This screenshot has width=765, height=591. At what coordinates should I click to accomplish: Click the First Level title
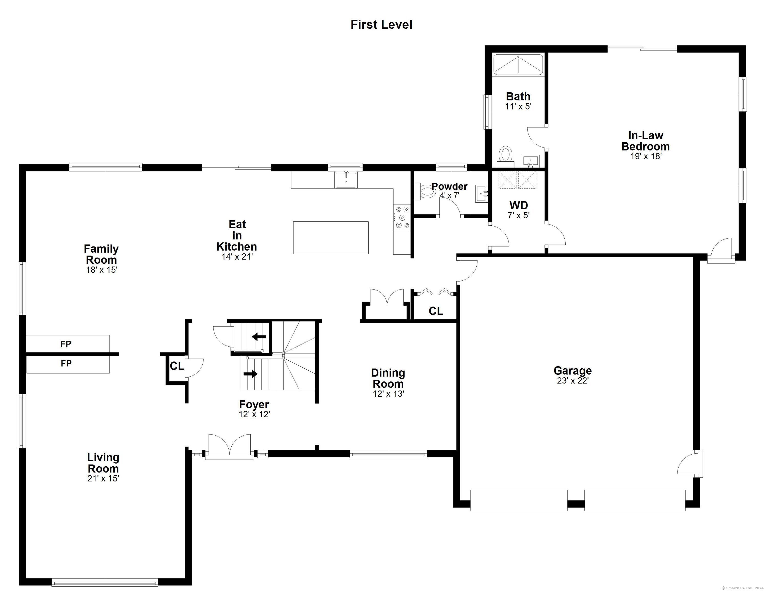pos(381,25)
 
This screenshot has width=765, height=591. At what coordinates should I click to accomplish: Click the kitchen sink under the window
pos(346,180)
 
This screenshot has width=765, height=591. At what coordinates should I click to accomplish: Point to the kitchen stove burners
pos(402,217)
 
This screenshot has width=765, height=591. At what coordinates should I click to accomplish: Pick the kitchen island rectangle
pos(331,238)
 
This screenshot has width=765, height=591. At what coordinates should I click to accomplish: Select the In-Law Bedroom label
pos(645,141)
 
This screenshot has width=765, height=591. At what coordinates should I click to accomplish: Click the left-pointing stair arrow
pos(259,337)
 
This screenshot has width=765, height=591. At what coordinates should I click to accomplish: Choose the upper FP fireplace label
pos(66,344)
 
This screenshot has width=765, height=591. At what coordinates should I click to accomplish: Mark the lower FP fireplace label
pos(66,364)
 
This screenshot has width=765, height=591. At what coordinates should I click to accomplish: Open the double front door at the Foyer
pos(229,447)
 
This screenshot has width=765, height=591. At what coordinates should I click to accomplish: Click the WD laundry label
pos(518,205)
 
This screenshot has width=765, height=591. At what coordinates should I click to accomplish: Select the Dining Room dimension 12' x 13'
pos(388,394)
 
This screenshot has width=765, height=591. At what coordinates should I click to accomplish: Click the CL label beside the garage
pos(436,311)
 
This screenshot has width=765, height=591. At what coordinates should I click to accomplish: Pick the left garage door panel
pos(519,500)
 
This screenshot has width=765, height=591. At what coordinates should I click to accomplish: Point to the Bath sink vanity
pos(530,161)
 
